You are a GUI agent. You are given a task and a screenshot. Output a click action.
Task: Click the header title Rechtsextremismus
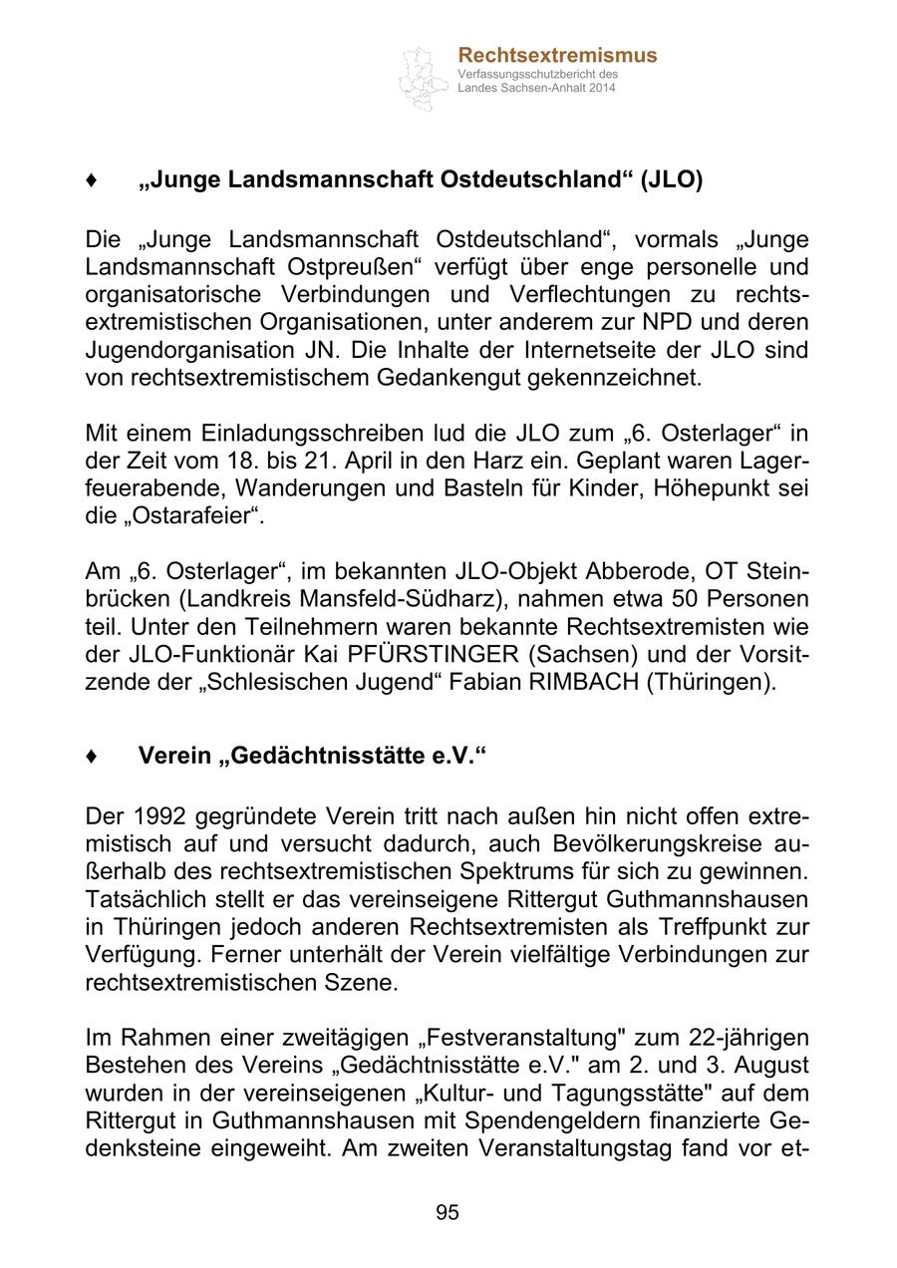(x=557, y=56)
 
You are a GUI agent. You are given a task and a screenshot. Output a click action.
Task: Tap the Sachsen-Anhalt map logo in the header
(x=424, y=78)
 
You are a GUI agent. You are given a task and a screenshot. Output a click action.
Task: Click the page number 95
(x=448, y=1212)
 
